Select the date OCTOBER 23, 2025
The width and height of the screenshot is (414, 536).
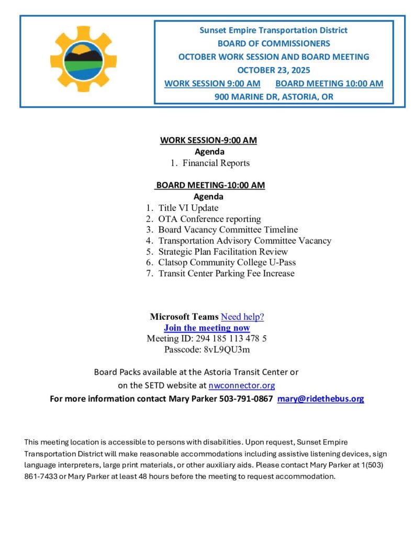[x=273, y=70]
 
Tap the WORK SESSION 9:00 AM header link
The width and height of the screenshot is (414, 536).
[x=212, y=83]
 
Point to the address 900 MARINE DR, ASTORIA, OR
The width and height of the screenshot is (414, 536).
[x=274, y=97]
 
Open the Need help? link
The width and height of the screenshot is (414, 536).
[x=242, y=317]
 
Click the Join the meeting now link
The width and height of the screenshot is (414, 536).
[x=207, y=328]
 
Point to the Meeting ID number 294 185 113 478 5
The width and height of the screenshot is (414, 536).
[x=231, y=339]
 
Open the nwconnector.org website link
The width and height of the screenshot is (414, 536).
[x=241, y=386]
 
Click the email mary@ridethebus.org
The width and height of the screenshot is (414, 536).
[x=320, y=399]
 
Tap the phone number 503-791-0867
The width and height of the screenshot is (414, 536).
[x=246, y=399]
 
